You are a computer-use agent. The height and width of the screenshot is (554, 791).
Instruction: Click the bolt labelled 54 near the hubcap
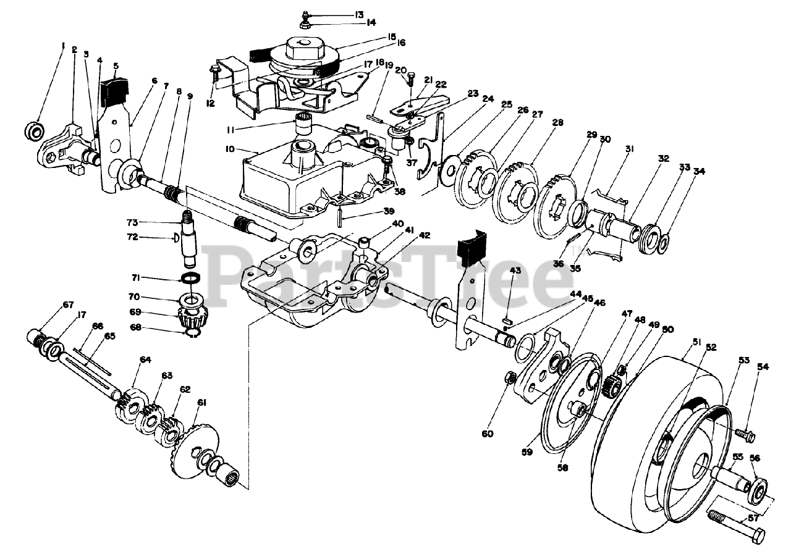(x=745, y=436)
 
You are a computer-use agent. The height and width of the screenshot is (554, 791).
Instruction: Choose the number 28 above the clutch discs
(x=558, y=122)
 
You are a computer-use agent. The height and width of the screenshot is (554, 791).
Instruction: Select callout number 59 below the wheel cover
(x=526, y=453)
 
